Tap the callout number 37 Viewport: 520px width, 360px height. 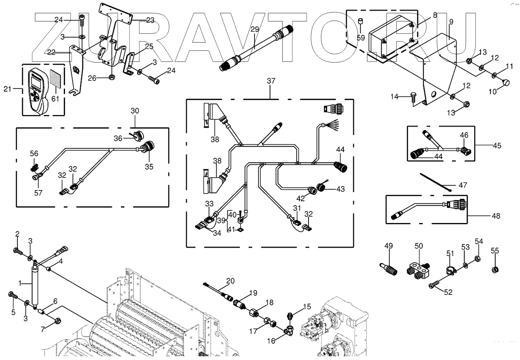271,81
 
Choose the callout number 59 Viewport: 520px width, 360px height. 361,37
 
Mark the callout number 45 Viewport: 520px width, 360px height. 497,145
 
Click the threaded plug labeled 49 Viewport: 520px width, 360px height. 389,268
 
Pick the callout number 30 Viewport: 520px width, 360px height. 135,111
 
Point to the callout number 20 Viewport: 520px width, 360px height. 230,281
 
